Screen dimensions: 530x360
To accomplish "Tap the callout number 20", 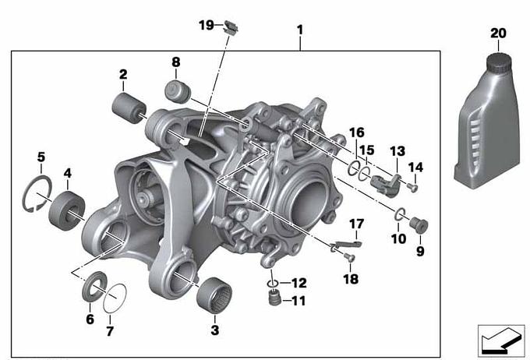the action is coord(498,34).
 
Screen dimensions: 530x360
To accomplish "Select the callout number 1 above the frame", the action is coord(300,30).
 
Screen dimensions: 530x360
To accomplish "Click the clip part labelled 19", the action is coord(231,27).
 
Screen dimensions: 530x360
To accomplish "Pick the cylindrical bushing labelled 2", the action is coord(129,108).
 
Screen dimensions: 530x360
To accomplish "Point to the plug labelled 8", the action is coord(178,91).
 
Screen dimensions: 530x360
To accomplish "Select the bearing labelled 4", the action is coord(66,210).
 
